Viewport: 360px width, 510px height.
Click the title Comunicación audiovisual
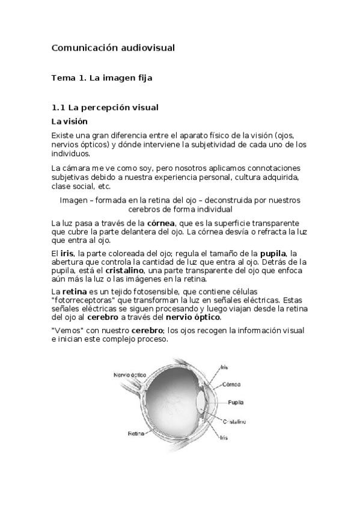[x=113, y=47]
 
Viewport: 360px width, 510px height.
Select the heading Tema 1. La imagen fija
[x=106, y=78]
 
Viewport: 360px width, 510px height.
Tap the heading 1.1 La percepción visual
[x=105, y=108]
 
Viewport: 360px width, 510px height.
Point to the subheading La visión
[x=70, y=121]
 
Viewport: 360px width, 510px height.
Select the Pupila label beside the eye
[x=236, y=402]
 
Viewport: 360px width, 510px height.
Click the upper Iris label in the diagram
[x=224, y=366]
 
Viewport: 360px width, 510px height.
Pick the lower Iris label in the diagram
[x=224, y=437]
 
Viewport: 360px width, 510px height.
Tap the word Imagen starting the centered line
[x=73, y=200]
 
